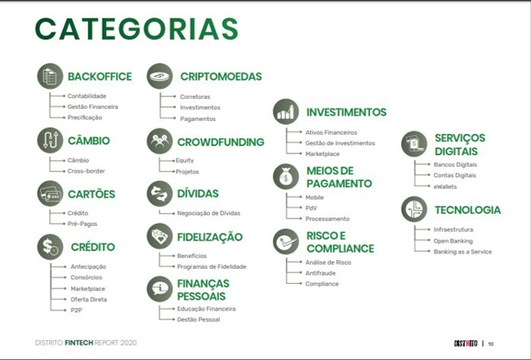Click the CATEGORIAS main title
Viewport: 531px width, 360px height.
[136, 29]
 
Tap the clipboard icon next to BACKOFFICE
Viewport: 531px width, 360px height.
[50, 76]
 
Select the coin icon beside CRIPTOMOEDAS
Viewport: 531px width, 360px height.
[160, 76]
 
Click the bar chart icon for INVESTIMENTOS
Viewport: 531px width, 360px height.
[286, 112]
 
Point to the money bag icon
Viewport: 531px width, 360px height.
[286, 177]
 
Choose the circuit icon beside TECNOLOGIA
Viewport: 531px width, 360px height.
[414, 209]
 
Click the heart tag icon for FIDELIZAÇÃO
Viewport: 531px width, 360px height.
[160, 236]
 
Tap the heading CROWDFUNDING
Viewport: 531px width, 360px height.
[221, 142]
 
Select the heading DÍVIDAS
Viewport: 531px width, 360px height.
[198, 193]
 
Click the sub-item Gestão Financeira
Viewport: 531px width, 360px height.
[93, 107]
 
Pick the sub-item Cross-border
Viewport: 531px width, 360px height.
[86, 171]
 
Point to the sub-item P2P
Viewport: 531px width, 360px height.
[76, 311]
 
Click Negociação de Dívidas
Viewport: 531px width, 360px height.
[208, 213]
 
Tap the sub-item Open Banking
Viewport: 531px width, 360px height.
[453, 241]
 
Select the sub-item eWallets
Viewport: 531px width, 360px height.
[445, 186]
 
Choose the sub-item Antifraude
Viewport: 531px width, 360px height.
[320, 273]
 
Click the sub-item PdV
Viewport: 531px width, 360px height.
[311, 208]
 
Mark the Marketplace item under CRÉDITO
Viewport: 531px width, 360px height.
[87, 288]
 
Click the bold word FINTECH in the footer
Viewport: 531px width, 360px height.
[79, 342]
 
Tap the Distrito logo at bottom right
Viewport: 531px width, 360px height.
[466, 343]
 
